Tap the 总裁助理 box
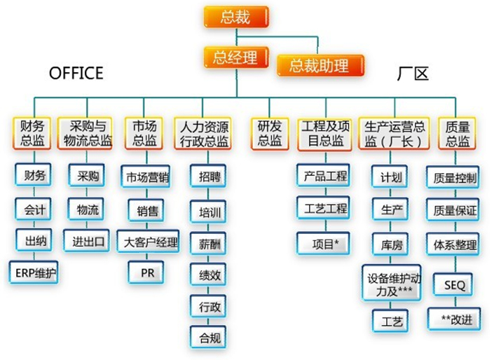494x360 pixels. click(x=319, y=66)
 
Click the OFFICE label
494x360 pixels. click(x=76, y=73)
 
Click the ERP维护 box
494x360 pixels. click(x=33, y=272)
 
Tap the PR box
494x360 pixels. click(x=148, y=272)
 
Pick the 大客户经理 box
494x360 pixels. click(x=148, y=242)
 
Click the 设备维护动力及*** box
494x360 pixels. click(x=391, y=283)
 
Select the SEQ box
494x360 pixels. click(x=454, y=285)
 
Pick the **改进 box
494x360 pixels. click(x=454, y=319)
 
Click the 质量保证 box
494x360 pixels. click(x=454, y=209)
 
